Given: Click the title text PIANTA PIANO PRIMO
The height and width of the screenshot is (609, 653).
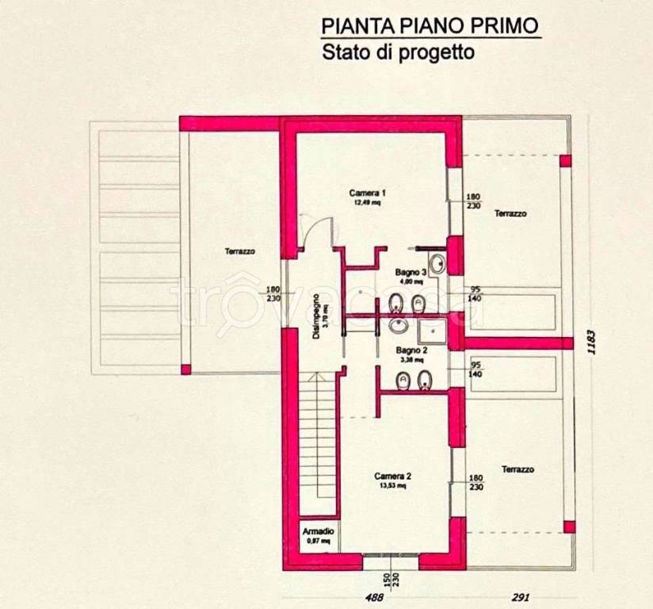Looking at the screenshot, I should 430,25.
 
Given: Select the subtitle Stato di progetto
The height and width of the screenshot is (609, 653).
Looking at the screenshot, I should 397,54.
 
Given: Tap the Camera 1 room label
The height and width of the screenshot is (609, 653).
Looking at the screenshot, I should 367,193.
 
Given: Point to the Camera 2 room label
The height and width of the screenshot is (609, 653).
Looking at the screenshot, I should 393,476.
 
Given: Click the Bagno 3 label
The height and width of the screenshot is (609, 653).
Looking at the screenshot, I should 411,272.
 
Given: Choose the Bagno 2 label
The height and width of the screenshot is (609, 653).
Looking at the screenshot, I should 411,350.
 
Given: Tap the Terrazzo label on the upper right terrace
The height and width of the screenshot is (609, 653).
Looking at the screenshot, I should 510,213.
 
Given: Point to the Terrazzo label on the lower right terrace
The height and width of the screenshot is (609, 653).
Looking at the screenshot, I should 517,469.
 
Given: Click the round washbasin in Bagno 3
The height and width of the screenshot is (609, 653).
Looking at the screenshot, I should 437,263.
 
